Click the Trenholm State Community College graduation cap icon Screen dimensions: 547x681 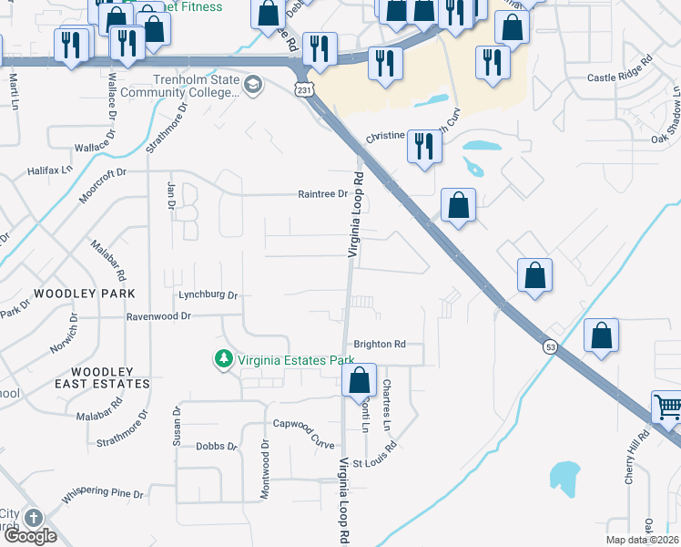point(253,86)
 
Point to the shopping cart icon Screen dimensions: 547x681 point(668,408)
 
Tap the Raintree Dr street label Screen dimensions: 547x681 point(323,194)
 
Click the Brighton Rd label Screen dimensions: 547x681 point(379,345)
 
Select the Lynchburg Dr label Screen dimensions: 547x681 point(208,295)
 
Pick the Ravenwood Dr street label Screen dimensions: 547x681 point(158,316)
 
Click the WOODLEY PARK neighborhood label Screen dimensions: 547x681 point(84,294)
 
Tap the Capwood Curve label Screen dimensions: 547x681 point(304,424)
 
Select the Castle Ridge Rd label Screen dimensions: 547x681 point(620,79)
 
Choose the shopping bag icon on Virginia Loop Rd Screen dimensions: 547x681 point(360,379)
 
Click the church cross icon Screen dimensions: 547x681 point(34,518)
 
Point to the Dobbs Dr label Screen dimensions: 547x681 point(216,447)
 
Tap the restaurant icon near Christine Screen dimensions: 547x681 point(423,146)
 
